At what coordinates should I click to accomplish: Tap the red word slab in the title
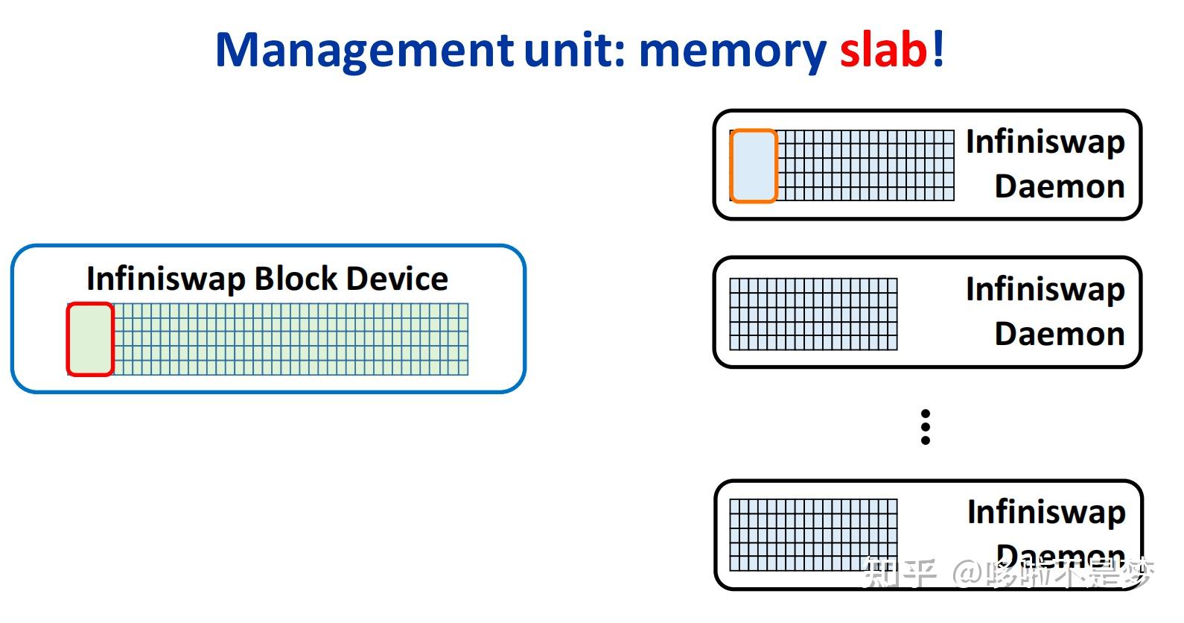(x=883, y=51)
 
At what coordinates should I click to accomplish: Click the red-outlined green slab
(x=90, y=339)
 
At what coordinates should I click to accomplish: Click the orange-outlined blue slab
(x=754, y=166)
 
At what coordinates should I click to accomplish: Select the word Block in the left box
(x=296, y=279)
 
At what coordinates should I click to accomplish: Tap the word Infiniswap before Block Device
(x=165, y=279)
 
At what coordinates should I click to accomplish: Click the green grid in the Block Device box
(x=290, y=339)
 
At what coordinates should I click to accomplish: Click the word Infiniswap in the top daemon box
(x=1045, y=142)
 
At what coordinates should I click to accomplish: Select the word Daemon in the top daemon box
(x=1059, y=186)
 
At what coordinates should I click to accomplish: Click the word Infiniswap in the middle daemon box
(x=1045, y=289)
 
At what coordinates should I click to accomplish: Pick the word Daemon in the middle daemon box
(x=1059, y=334)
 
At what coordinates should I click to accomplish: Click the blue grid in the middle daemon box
(x=813, y=314)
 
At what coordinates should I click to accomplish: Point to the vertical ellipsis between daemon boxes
(x=926, y=427)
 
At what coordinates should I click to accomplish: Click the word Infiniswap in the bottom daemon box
(x=1045, y=512)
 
